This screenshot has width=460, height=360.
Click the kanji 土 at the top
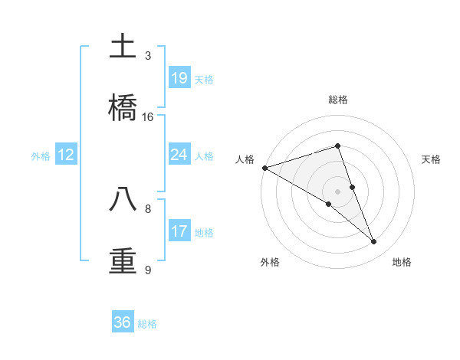[123, 46]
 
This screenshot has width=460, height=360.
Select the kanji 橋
[123, 107]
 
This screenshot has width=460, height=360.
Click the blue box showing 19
[179, 77]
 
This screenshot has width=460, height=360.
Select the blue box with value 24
[179, 155]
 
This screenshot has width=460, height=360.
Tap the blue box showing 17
[179, 231]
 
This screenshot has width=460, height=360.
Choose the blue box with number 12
[66, 155]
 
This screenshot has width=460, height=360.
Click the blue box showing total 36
[123, 322]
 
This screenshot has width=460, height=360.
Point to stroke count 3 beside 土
[148, 56]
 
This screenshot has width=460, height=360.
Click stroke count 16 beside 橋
[148, 117]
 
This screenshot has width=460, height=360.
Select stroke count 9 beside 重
[148, 270]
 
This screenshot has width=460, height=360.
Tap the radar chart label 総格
[338, 100]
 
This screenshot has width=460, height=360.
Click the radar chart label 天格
[432, 159]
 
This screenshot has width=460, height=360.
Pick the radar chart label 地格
[402, 262]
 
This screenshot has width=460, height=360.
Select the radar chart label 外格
[270, 262]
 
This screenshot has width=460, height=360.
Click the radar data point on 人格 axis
[264, 168]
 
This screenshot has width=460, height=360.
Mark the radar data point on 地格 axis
[374, 241]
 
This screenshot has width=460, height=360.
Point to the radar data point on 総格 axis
[337, 146]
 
